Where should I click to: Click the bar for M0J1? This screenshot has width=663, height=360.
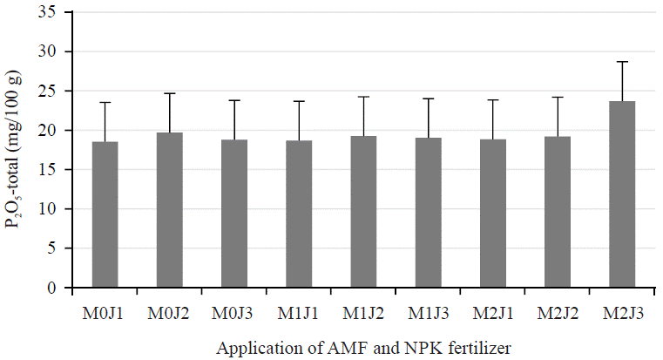point(105,214)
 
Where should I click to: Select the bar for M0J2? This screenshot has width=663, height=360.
point(169,210)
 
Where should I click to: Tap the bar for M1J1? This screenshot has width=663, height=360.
point(299,214)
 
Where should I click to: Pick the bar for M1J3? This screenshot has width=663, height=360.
point(429,213)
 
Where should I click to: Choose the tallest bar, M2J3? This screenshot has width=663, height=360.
point(623,194)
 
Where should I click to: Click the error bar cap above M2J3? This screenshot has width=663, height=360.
point(623,62)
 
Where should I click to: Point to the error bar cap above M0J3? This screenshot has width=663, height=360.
point(234,100)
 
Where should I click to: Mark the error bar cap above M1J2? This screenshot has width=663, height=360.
point(364,97)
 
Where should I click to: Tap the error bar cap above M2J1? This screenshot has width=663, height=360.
point(493,100)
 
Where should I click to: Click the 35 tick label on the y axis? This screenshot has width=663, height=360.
point(55,13)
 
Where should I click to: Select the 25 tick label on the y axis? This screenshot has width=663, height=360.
point(55,92)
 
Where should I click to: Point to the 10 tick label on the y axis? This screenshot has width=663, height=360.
point(55,209)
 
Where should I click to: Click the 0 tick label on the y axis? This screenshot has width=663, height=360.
point(58,288)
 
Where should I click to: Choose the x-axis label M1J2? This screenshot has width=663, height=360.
point(364,313)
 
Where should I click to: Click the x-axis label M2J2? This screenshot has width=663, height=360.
point(558,313)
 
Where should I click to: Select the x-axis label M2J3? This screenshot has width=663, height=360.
point(623,313)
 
